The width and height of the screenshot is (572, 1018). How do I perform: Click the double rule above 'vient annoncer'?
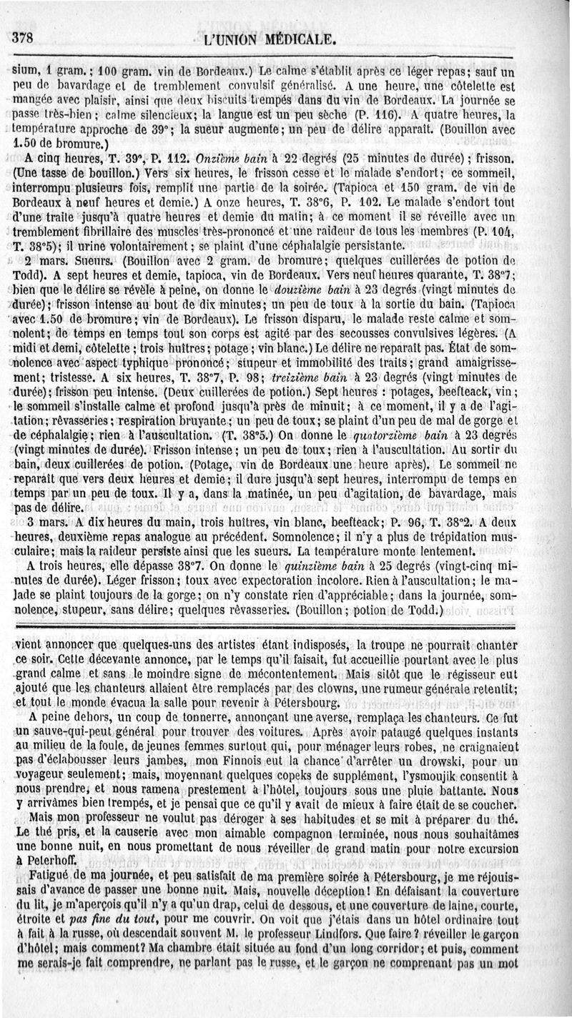[286, 624]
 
